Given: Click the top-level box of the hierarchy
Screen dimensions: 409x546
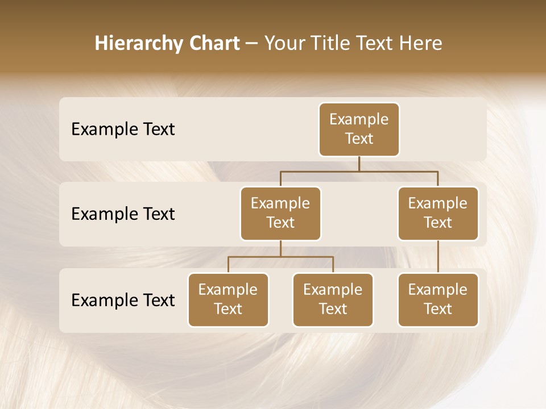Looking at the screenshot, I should tap(359, 129).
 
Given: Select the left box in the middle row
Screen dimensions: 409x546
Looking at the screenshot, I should tap(280, 213).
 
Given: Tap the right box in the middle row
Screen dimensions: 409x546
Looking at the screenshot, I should tap(438, 213).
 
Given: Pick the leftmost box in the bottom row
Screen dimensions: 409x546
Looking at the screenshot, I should tap(228, 299).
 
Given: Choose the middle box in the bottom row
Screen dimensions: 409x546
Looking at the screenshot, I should tap(333, 299).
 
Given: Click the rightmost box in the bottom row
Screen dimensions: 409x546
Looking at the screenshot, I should tap(438, 299).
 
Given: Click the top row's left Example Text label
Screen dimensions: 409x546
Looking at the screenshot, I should tap(123, 129).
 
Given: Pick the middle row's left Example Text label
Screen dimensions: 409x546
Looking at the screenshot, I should tap(123, 214).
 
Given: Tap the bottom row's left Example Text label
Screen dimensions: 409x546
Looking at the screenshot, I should tap(123, 300).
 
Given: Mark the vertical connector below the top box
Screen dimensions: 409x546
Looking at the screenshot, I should tap(359, 164).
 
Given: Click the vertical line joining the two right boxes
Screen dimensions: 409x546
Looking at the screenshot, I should tap(438, 257).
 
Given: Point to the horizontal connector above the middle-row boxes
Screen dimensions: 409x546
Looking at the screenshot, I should tap(359, 171).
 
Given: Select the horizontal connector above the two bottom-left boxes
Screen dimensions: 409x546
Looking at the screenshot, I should tap(280, 257).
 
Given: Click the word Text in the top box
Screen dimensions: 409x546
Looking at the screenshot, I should tap(359, 139).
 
